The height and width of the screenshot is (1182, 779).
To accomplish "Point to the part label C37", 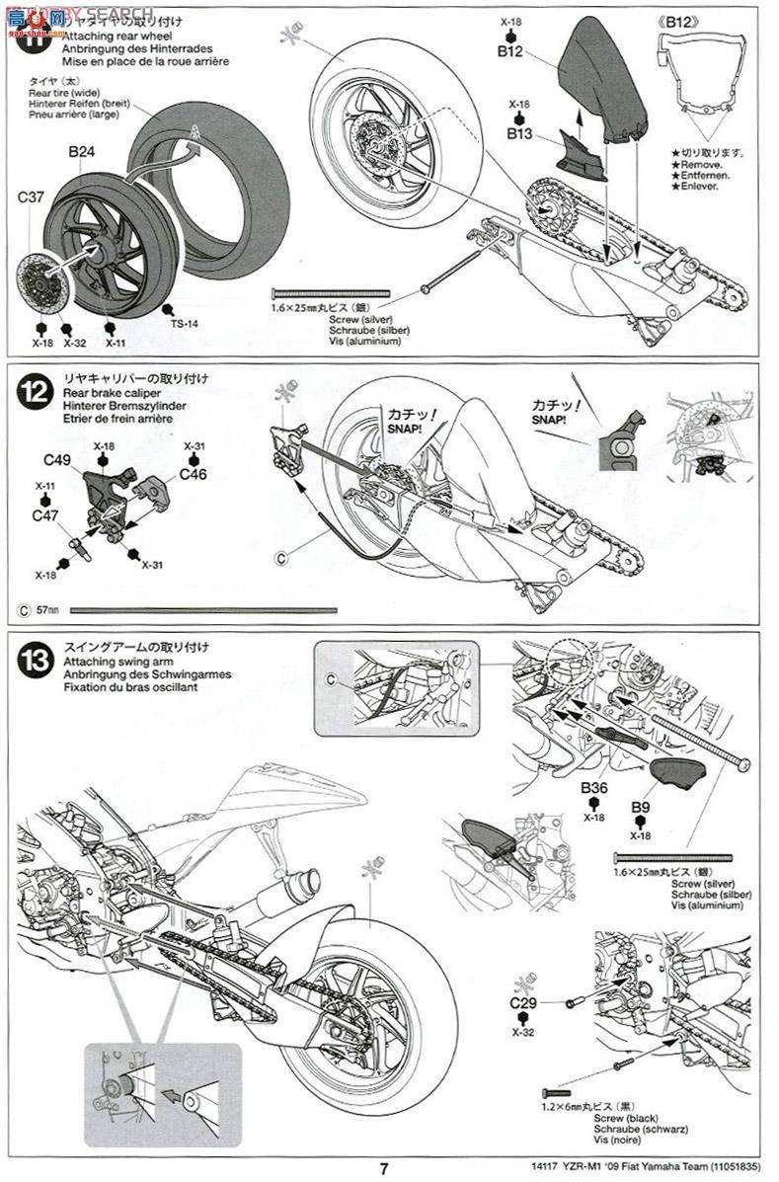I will click(31, 197).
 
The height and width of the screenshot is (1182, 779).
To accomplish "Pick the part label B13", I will click(520, 132).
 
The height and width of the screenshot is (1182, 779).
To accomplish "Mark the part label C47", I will click(45, 515).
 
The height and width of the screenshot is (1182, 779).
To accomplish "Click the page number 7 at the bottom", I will click(384, 1168).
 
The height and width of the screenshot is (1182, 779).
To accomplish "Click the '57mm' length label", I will click(46, 610).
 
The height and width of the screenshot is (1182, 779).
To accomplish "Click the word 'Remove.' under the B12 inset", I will click(700, 164).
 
